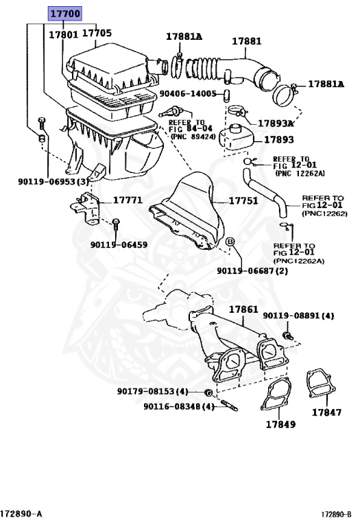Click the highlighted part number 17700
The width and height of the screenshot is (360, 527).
65,14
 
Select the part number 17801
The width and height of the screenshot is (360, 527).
64,35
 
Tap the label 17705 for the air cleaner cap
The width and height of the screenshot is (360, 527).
97,33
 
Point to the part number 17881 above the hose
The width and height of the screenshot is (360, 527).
246,41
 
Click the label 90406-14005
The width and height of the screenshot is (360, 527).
188,93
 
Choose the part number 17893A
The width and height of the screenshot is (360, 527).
276,124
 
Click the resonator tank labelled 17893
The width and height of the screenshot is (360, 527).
236,137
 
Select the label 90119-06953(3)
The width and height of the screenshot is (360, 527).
53,181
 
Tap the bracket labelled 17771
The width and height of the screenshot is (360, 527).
85,209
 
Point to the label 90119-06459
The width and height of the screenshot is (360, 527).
119,245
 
